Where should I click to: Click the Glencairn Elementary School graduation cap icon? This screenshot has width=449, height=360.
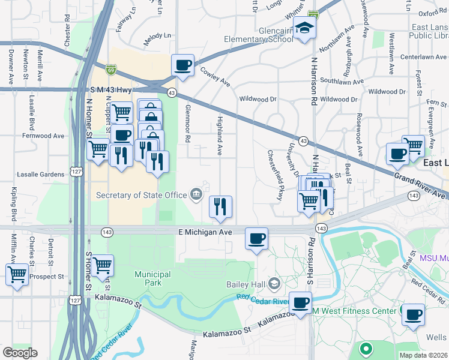click(305, 29)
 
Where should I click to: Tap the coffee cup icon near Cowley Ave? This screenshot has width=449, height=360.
click(183, 65)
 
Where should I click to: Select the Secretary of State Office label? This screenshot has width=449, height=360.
click(142, 194)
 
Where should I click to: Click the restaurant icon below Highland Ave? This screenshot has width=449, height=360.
click(220, 206)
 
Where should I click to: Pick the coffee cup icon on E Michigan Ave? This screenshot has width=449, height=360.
click(256, 238)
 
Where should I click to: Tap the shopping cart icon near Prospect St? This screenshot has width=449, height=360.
click(17, 275)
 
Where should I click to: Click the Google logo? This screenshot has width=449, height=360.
click(20, 353)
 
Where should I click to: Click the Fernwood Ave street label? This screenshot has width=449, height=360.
click(42, 136)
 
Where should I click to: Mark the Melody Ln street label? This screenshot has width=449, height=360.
click(157, 37)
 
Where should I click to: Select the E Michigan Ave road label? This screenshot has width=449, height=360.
click(205, 232)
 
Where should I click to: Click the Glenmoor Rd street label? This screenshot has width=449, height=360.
click(188, 124)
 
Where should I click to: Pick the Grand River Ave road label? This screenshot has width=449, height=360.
click(420, 185)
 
